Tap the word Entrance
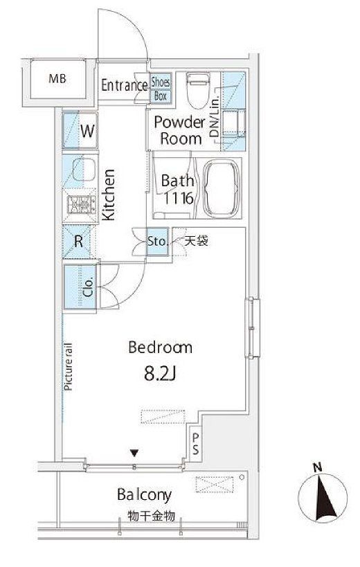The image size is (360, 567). click(x=124, y=86)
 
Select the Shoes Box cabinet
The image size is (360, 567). click(x=161, y=88)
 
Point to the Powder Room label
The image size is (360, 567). click(x=179, y=130)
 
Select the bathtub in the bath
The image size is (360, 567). click(x=222, y=188)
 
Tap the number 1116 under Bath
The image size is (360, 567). click(x=178, y=198)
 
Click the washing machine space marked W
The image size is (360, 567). click(x=80, y=131)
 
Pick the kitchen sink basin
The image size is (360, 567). click(x=84, y=170)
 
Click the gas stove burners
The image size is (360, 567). click(x=81, y=205)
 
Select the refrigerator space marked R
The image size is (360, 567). click(x=78, y=242)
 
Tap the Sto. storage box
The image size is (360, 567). click(x=157, y=241)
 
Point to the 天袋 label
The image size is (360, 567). click(x=196, y=241)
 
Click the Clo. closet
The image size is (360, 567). click(x=80, y=287)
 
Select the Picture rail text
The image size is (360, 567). click(x=68, y=366)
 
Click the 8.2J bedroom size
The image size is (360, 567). click(x=160, y=375)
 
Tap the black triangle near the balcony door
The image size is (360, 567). click(x=134, y=452)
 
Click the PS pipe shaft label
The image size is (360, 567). click(x=195, y=444)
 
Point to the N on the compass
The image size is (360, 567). click(x=317, y=467)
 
